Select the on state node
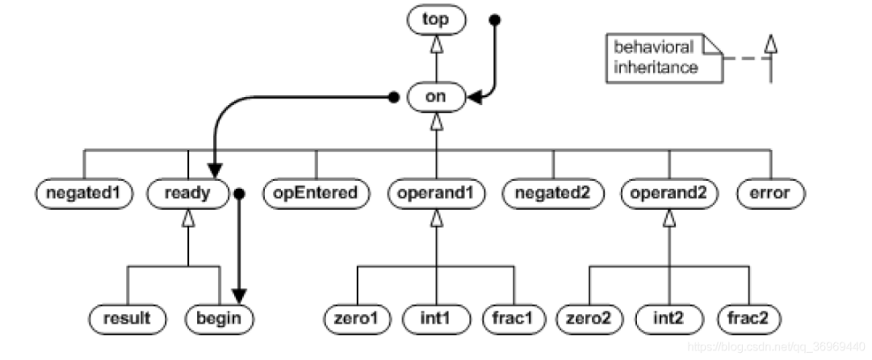(437, 98)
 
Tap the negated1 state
(84, 194)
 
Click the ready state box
(187, 194)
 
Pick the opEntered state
(316, 194)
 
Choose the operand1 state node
(437, 194)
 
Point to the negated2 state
(554, 194)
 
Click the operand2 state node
(669, 194)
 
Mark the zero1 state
(356, 317)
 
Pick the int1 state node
(436, 317)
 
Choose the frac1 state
(513, 317)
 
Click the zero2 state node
(589, 317)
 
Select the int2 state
(669, 317)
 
